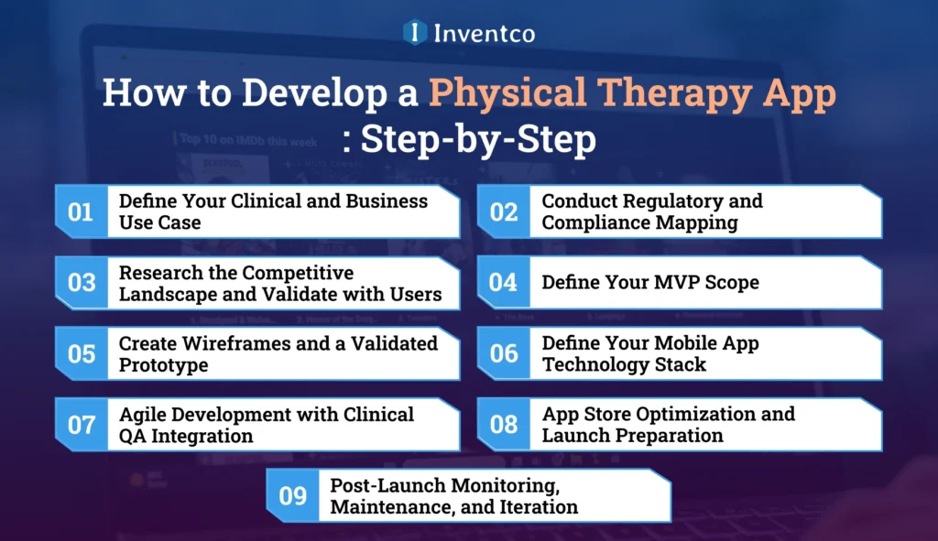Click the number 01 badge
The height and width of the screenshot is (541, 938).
point(81,211)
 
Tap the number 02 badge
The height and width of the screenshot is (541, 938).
point(503,211)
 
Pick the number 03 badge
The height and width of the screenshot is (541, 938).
point(81,283)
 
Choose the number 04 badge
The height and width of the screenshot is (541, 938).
point(503,283)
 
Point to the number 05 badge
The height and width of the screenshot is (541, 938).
point(81,353)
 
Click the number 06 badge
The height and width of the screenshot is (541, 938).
point(503,353)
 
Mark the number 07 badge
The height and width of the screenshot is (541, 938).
point(81,425)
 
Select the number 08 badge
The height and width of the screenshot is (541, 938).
point(503,425)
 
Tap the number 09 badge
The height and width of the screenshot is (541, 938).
point(292,495)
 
